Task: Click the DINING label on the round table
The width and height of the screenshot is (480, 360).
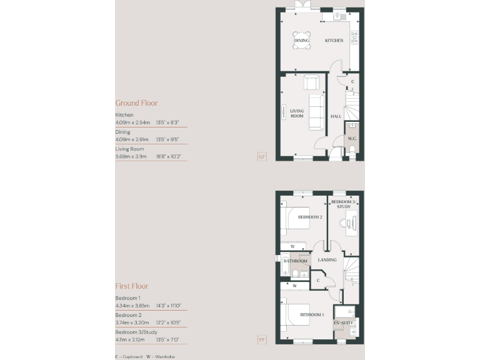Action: pos(302,41)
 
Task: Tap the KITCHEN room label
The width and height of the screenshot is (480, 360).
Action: pos(334,41)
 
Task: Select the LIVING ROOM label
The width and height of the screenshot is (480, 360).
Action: pos(297,113)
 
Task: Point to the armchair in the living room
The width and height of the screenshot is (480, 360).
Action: pos(311,82)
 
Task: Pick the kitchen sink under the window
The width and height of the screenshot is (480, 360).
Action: pos(340,17)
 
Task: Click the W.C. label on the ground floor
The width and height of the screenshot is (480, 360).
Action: pos(351,139)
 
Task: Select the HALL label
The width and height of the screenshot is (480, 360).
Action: pos(336,117)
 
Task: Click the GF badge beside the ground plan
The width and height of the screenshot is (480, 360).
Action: pos(262,156)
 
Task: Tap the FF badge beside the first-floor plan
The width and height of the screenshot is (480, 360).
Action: pos(262,340)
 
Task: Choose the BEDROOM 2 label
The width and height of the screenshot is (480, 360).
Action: pos(310,217)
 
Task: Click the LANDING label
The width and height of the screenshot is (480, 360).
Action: pos(327,260)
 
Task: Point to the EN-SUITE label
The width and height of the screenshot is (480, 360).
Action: pos(345,322)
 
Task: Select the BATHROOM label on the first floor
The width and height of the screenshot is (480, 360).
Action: pos(296,261)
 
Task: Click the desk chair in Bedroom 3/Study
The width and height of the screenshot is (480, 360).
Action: pos(342,220)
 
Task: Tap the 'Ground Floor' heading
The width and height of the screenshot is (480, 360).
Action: pos(136,103)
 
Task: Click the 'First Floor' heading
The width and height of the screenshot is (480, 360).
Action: pos(131,286)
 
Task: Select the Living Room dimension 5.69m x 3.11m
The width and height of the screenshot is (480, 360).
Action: pos(131,157)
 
